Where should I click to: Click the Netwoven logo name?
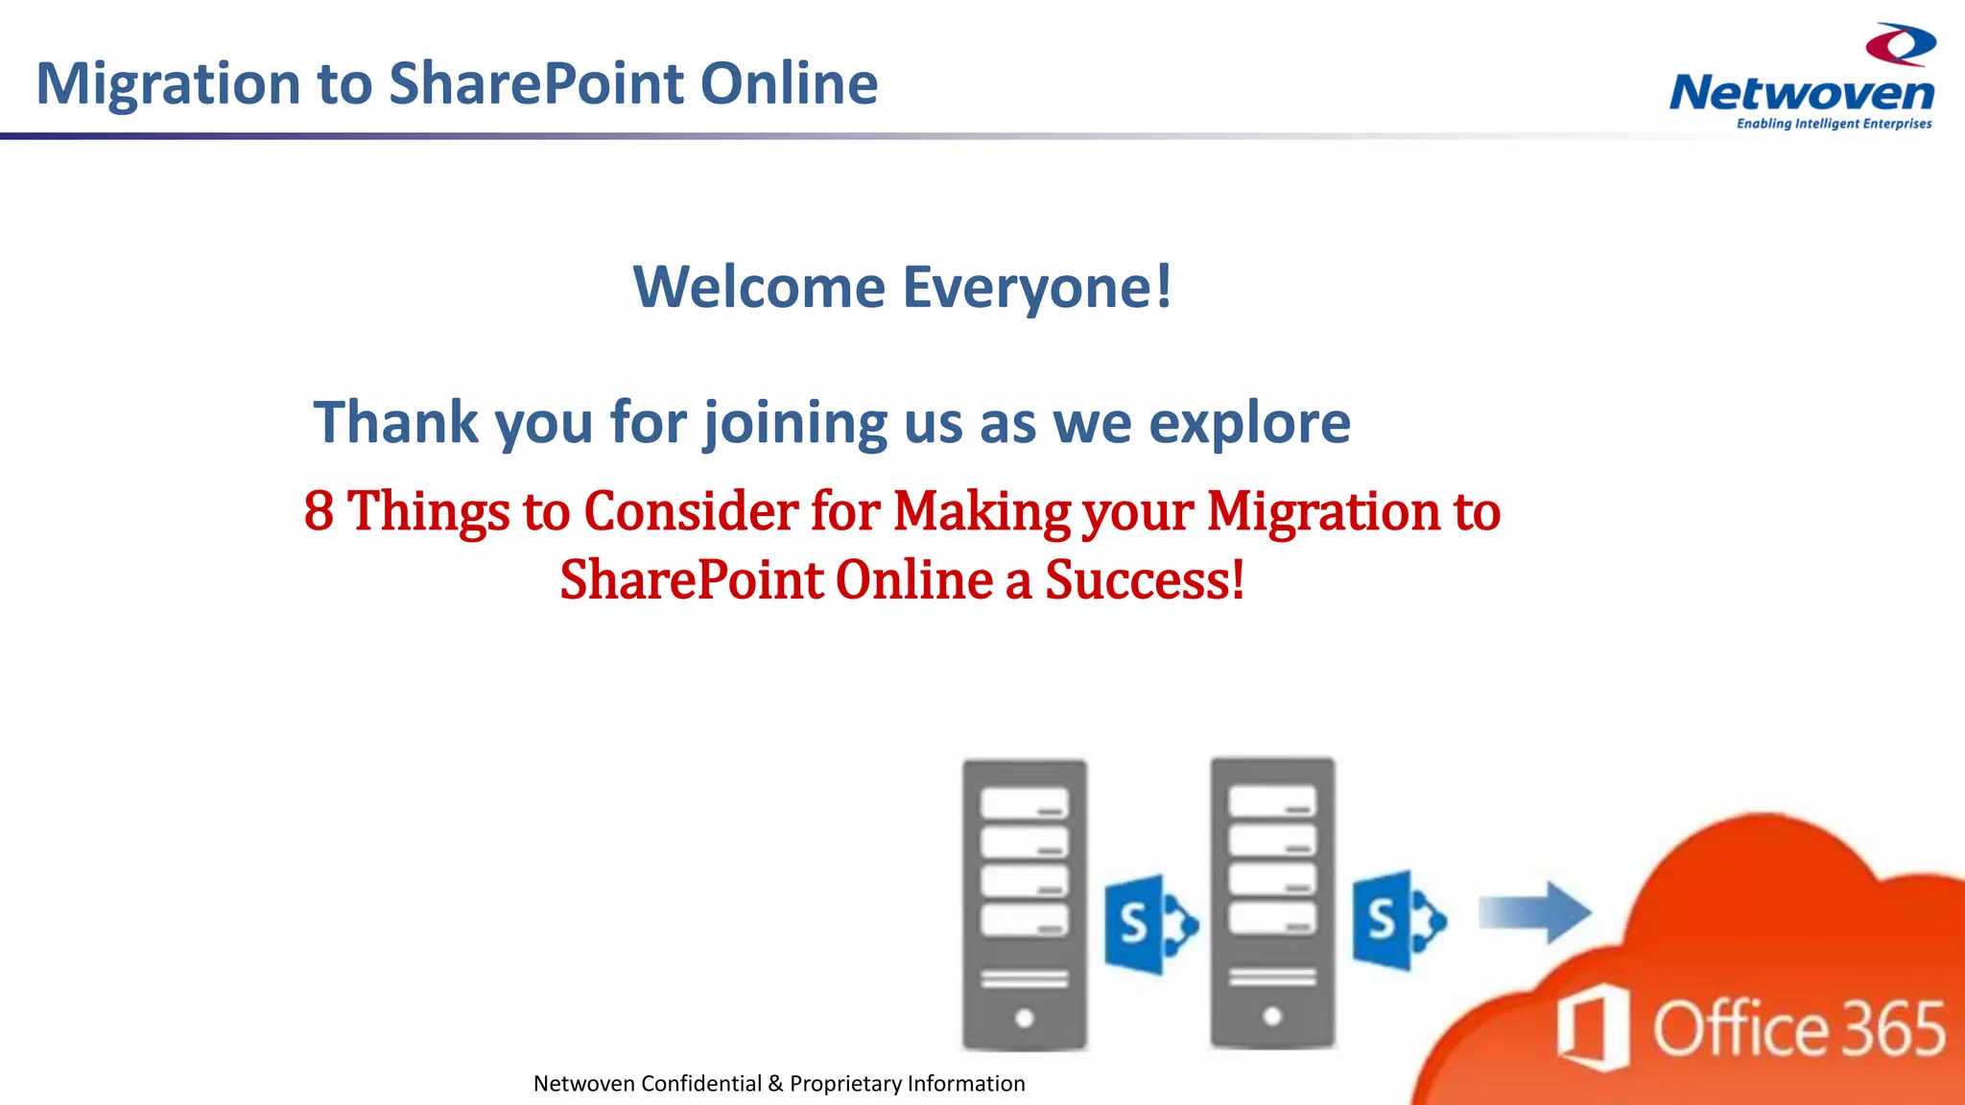1802,93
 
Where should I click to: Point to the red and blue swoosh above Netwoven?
1901,44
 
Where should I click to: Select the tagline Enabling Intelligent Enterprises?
1834,124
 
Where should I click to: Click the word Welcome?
758,287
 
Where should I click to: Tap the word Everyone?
1037,287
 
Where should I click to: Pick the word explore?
1249,423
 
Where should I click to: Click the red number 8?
319,510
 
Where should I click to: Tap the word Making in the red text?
982,510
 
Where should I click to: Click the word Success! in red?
1144,580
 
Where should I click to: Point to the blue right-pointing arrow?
1534,912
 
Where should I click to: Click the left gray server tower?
1024,905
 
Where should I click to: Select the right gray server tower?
1272,903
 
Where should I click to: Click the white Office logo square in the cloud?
1593,1026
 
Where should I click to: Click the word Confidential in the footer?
701,1084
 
